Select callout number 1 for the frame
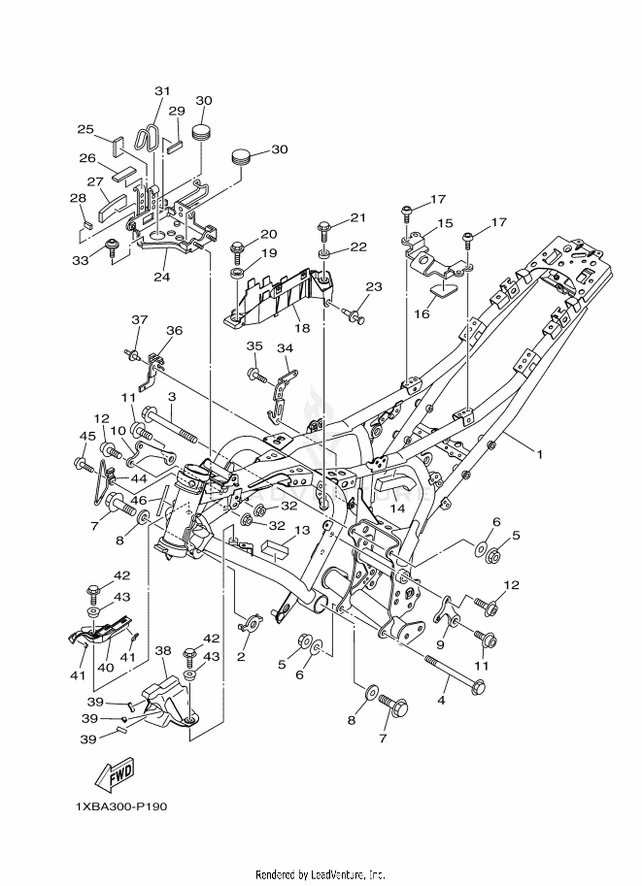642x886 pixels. coord(540,455)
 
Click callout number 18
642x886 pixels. coord(302,328)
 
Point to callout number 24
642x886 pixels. coord(162,277)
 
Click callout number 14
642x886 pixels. coord(397,508)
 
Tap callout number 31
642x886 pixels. coord(162,91)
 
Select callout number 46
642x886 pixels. coord(140,500)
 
